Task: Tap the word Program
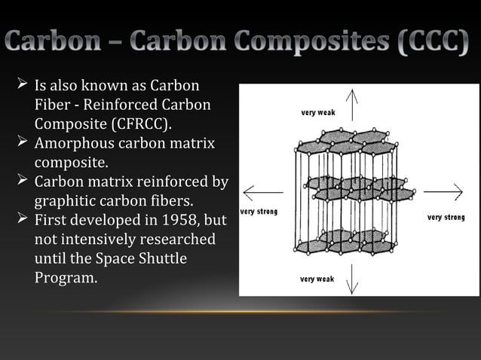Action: click(66, 277)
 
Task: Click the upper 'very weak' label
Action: click(317, 113)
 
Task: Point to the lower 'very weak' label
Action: click(317, 279)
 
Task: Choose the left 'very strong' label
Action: click(259, 212)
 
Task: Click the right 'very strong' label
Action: click(446, 218)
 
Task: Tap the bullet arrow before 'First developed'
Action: click(22, 220)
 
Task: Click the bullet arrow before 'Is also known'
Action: click(22, 84)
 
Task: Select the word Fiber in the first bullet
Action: click(52, 104)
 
